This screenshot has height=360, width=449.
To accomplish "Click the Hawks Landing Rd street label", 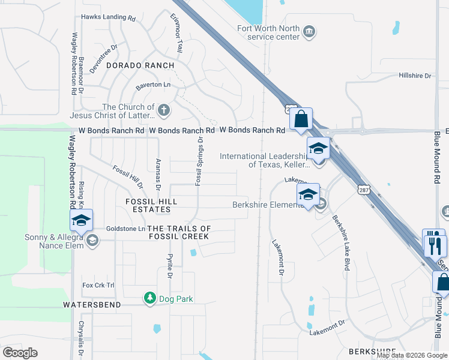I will tap(109, 18).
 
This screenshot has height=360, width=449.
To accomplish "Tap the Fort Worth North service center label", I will tap(268, 32).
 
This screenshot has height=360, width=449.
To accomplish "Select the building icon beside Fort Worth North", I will tap(309, 31).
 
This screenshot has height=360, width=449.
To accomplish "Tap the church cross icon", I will tap(164, 110).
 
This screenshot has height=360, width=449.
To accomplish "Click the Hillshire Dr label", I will tap(415, 76).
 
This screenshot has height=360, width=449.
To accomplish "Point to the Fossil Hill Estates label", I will tap(148, 205).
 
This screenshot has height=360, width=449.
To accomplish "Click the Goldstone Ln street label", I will tap(125, 229).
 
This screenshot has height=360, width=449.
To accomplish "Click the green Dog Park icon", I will tap(149, 298).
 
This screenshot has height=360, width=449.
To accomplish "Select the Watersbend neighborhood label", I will tap(92, 305).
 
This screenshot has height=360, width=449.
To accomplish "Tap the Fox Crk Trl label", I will tap(98, 285).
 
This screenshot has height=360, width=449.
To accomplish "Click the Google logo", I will tap(20, 353).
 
